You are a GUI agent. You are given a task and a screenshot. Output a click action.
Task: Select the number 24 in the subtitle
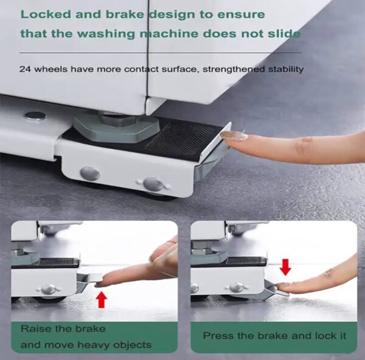coord(25,69)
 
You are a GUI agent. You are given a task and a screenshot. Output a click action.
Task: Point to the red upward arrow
coord(102,299)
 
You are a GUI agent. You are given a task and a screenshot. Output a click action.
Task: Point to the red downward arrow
coord(285,266)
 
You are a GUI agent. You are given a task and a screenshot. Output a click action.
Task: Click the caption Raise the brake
coord(63,329)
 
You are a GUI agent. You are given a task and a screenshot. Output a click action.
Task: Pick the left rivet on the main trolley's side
coord(90,173)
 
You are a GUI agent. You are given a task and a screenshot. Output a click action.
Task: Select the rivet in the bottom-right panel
coord(237,286)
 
